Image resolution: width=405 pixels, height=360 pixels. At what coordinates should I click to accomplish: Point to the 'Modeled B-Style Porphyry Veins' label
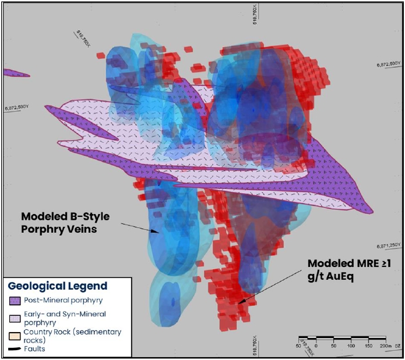coord(65,222)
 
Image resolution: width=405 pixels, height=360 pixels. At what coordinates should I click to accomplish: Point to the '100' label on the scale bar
coord(350,345)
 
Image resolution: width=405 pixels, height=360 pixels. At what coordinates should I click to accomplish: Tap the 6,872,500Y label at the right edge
coord(388,63)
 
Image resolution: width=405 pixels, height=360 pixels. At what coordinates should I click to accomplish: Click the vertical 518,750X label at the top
coord(255,13)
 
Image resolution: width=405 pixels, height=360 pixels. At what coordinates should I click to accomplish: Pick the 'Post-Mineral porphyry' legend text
coord(60,301)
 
